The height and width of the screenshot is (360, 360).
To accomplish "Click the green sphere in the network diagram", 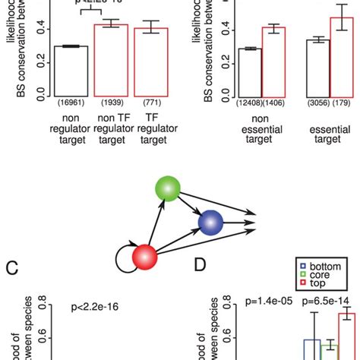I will pyautogui.click(x=166, y=190).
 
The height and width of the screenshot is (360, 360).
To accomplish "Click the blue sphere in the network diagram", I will pyautogui.click(x=210, y=223).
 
